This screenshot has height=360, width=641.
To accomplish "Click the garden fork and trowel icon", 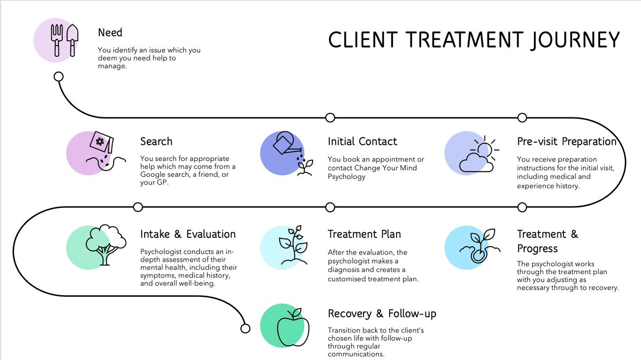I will (64, 40).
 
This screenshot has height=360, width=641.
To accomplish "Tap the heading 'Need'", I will (110, 33).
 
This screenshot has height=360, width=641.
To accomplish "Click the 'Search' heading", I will (156, 141).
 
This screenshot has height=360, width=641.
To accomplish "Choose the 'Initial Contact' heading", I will (362, 141).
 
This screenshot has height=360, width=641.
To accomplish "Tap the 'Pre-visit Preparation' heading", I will (567, 141).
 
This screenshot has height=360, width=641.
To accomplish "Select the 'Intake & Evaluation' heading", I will (188, 234).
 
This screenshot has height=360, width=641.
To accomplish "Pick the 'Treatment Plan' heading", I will (364, 234).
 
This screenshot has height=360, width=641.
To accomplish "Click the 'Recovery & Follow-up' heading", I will (382, 313).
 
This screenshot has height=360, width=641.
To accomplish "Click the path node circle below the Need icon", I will (59, 77).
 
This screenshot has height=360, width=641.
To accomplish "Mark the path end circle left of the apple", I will (246, 328).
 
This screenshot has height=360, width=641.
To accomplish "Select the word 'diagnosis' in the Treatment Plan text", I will (345, 270).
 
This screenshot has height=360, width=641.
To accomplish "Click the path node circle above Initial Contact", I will (330, 117).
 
